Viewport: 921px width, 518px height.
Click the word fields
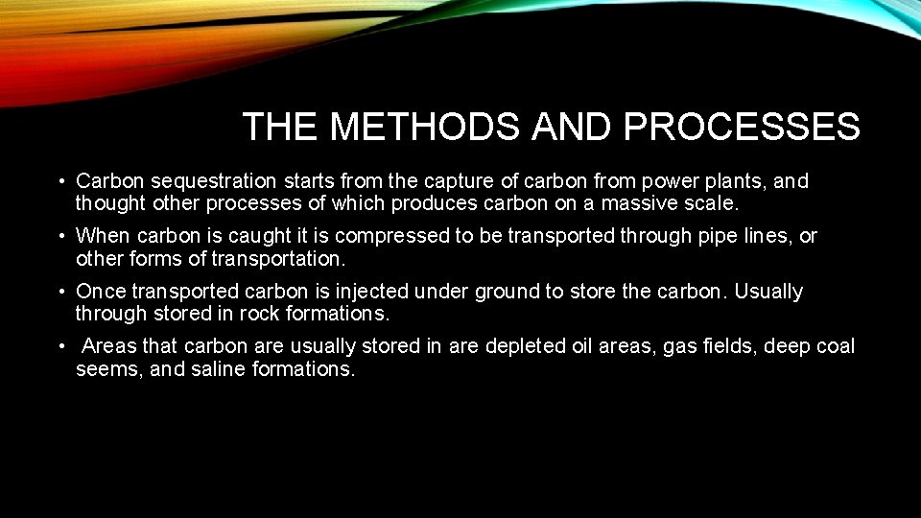728,346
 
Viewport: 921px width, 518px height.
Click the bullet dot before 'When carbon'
60,236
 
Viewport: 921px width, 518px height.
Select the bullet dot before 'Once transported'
60,292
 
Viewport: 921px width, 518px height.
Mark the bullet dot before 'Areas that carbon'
60,346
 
